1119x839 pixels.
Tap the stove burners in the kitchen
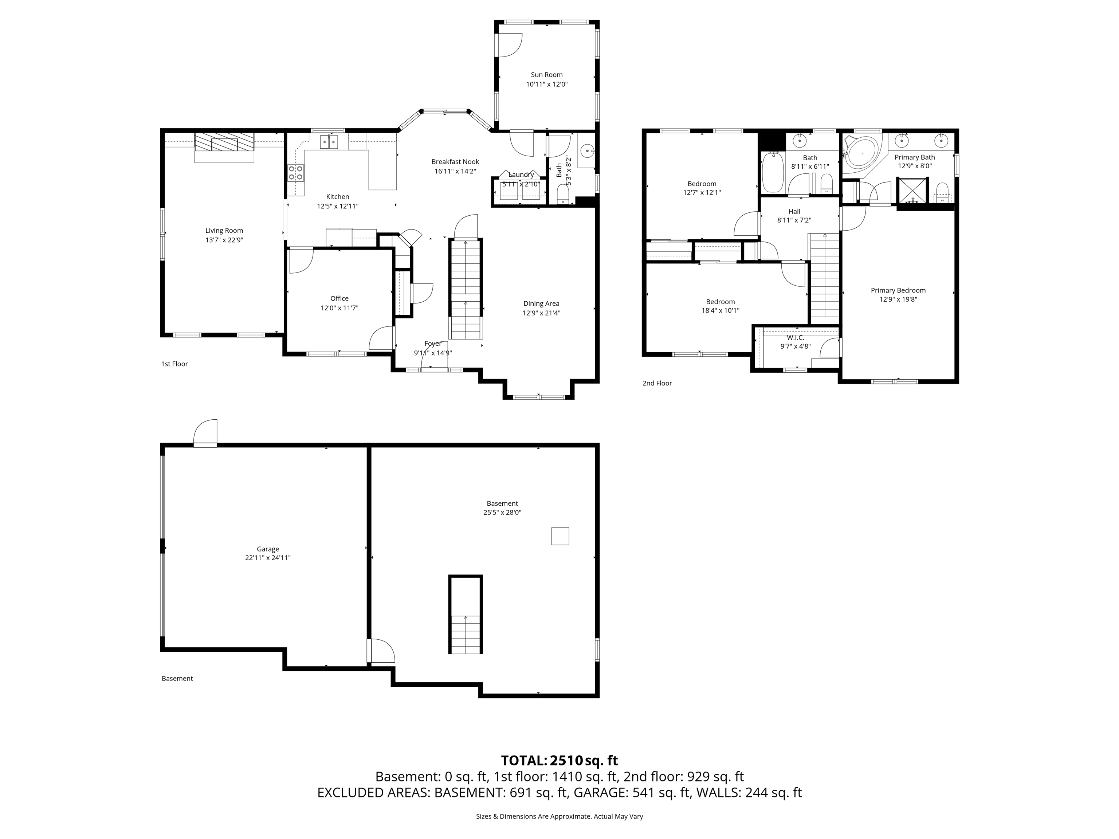tap(296, 173)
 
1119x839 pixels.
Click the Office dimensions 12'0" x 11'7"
tap(339, 308)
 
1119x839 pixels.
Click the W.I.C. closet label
tap(795, 337)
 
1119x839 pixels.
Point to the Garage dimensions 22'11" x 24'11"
tap(268, 558)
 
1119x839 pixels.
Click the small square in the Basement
tap(560, 536)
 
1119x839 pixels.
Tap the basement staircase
tap(466, 615)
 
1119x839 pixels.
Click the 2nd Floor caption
tap(657, 383)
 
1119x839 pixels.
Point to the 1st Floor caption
tap(174, 364)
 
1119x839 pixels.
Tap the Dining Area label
tap(541, 303)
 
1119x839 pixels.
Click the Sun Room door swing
tap(509, 45)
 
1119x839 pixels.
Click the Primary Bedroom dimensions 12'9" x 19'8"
tap(898, 299)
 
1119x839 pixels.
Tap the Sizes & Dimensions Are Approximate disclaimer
tap(559, 816)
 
